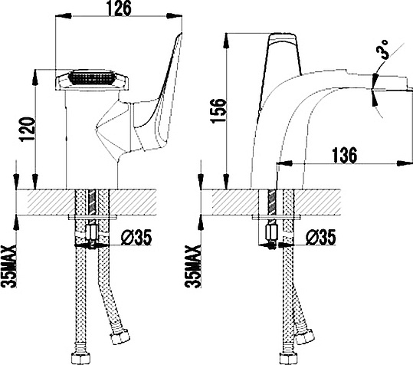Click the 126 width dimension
[x=119, y=8]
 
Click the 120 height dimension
[x=28, y=130]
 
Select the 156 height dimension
[x=218, y=110]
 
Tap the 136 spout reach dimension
[x=345, y=156]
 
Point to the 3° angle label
[x=383, y=49]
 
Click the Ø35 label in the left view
[x=136, y=237]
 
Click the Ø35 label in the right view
[x=320, y=237]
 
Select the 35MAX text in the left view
[x=9, y=266]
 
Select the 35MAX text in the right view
[x=193, y=266]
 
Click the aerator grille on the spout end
[x=92, y=77]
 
